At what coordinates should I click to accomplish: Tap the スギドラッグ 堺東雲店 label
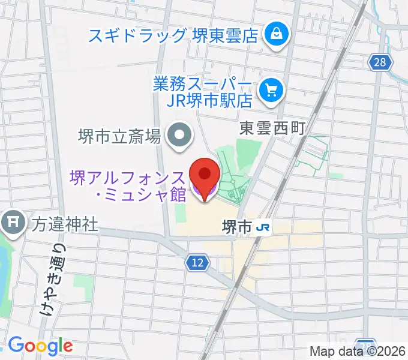tap(173, 35)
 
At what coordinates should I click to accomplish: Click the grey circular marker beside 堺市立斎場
tap(178, 136)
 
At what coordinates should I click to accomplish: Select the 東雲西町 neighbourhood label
tap(273, 128)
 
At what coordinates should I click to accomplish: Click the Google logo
tap(40, 345)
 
